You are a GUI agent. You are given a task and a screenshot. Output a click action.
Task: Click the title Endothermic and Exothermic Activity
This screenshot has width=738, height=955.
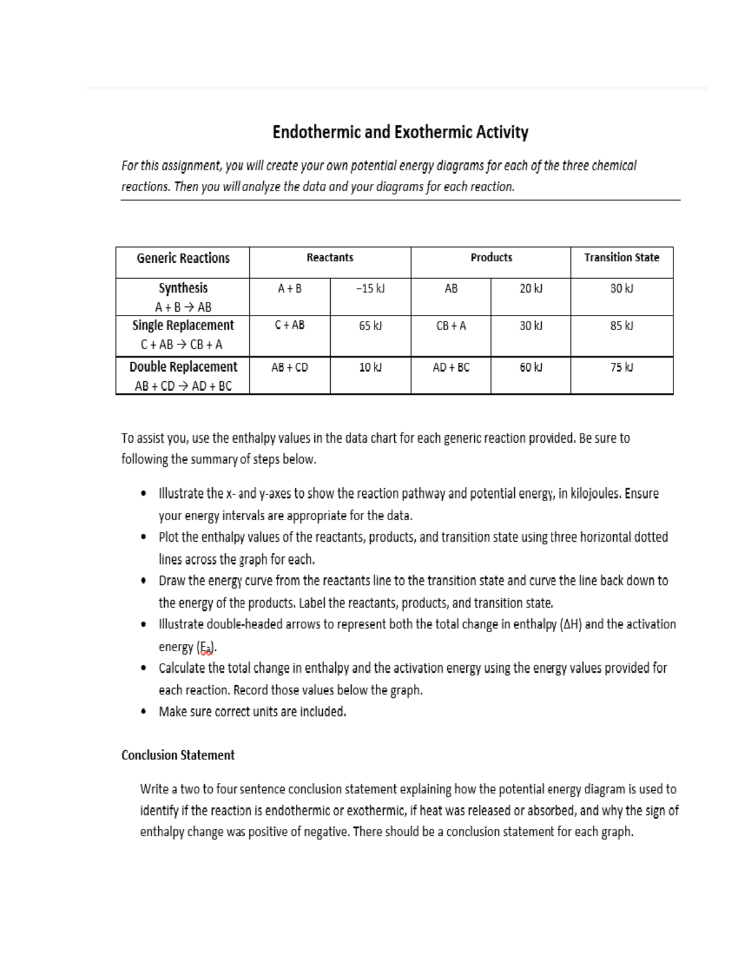pos(400,133)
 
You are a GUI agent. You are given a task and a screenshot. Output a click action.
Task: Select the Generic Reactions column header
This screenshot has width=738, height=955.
pos(183,258)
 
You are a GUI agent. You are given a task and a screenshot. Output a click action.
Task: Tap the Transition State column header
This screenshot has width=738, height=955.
pos(621,258)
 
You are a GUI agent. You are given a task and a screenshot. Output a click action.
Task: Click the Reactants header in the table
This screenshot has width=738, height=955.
pos(330,258)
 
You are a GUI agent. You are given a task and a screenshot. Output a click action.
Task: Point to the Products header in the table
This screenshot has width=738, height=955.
pos(491,258)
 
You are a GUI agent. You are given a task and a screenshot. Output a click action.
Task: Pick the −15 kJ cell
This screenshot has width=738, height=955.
pos(370,288)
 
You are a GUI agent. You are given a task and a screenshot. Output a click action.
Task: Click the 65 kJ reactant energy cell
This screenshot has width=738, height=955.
pos(370,326)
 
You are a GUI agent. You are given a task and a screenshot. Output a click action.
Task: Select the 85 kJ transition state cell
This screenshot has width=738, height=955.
pos(621,326)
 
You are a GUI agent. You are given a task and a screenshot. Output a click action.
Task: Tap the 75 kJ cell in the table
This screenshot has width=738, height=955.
pos(621,368)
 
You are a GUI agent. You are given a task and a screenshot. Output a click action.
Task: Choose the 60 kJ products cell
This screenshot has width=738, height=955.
pos(531,368)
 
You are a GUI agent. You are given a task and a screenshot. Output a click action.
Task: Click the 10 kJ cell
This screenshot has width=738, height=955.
pos(370,368)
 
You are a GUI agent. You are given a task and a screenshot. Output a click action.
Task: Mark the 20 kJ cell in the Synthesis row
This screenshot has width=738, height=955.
pos(531,288)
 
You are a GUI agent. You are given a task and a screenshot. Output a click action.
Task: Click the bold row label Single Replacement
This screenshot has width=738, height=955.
pos(183,325)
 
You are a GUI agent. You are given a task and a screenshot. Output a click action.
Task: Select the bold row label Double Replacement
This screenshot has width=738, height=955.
pos(183,367)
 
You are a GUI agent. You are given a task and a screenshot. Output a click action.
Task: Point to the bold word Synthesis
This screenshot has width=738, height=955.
pos(183,288)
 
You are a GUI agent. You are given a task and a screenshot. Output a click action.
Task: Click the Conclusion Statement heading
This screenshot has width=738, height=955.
pos(178,755)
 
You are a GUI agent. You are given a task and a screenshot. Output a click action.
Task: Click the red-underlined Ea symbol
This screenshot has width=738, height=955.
pos(205,648)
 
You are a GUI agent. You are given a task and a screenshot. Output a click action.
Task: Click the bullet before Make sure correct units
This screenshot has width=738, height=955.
pos(143,712)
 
